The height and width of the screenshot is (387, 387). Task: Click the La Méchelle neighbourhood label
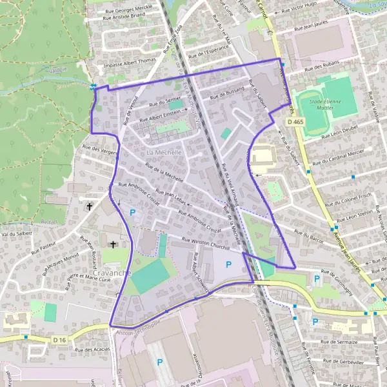164,152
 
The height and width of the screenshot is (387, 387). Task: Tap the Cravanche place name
112,273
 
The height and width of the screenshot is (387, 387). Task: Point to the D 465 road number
296,122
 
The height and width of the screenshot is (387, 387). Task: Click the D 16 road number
60,340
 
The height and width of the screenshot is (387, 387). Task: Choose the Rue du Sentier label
165,103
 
